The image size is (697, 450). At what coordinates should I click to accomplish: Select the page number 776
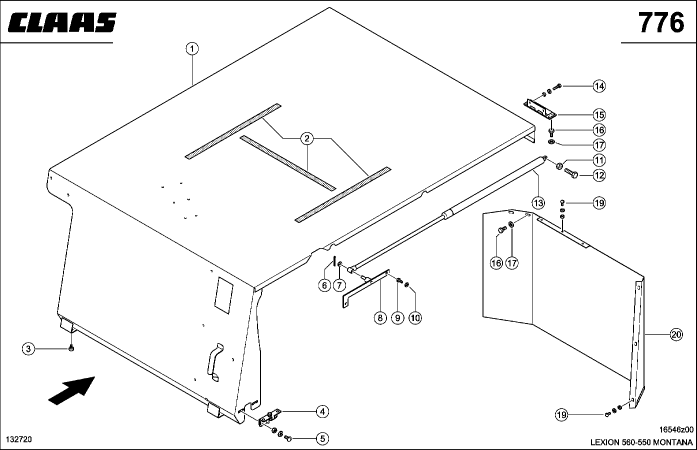(x=660, y=22)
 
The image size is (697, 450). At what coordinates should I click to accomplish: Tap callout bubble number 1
(x=192, y=49)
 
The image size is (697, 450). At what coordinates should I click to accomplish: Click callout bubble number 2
(x=306, y=138)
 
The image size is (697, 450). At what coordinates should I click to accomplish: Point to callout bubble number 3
(x=28, y=349)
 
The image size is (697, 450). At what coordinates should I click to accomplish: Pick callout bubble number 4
(x=322, y=411)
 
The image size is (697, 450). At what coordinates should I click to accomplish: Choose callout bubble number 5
(x=322, y=439)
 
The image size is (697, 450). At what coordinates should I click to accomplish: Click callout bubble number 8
(x=380, y=317)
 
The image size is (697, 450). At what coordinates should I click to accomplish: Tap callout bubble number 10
(x=415, y=317)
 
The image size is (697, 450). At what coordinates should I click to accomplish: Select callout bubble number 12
(x=599, y=175)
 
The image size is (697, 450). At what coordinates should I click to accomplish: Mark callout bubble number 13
(x=537, y=203)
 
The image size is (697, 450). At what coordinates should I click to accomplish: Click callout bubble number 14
(x=599, y=86)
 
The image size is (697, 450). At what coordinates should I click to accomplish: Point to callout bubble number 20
(x=676, y=335)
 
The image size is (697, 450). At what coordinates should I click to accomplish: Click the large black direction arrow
(x=71, y=389)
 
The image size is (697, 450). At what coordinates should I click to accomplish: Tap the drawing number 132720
(x=19, y=439)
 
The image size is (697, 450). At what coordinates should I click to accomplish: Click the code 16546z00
(x=676, y=429)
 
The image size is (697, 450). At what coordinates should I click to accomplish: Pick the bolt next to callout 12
(x=572, y=173)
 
